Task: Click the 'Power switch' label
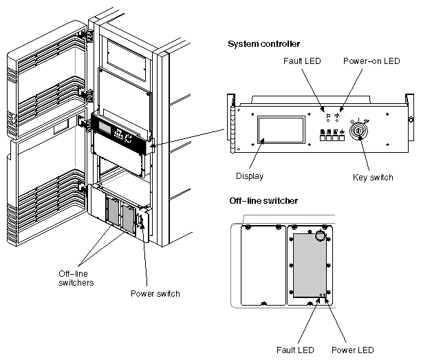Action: (x=155, y=293)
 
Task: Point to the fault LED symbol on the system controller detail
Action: (x=327, y=117)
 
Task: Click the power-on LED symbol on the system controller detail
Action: (x=338, y=117)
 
